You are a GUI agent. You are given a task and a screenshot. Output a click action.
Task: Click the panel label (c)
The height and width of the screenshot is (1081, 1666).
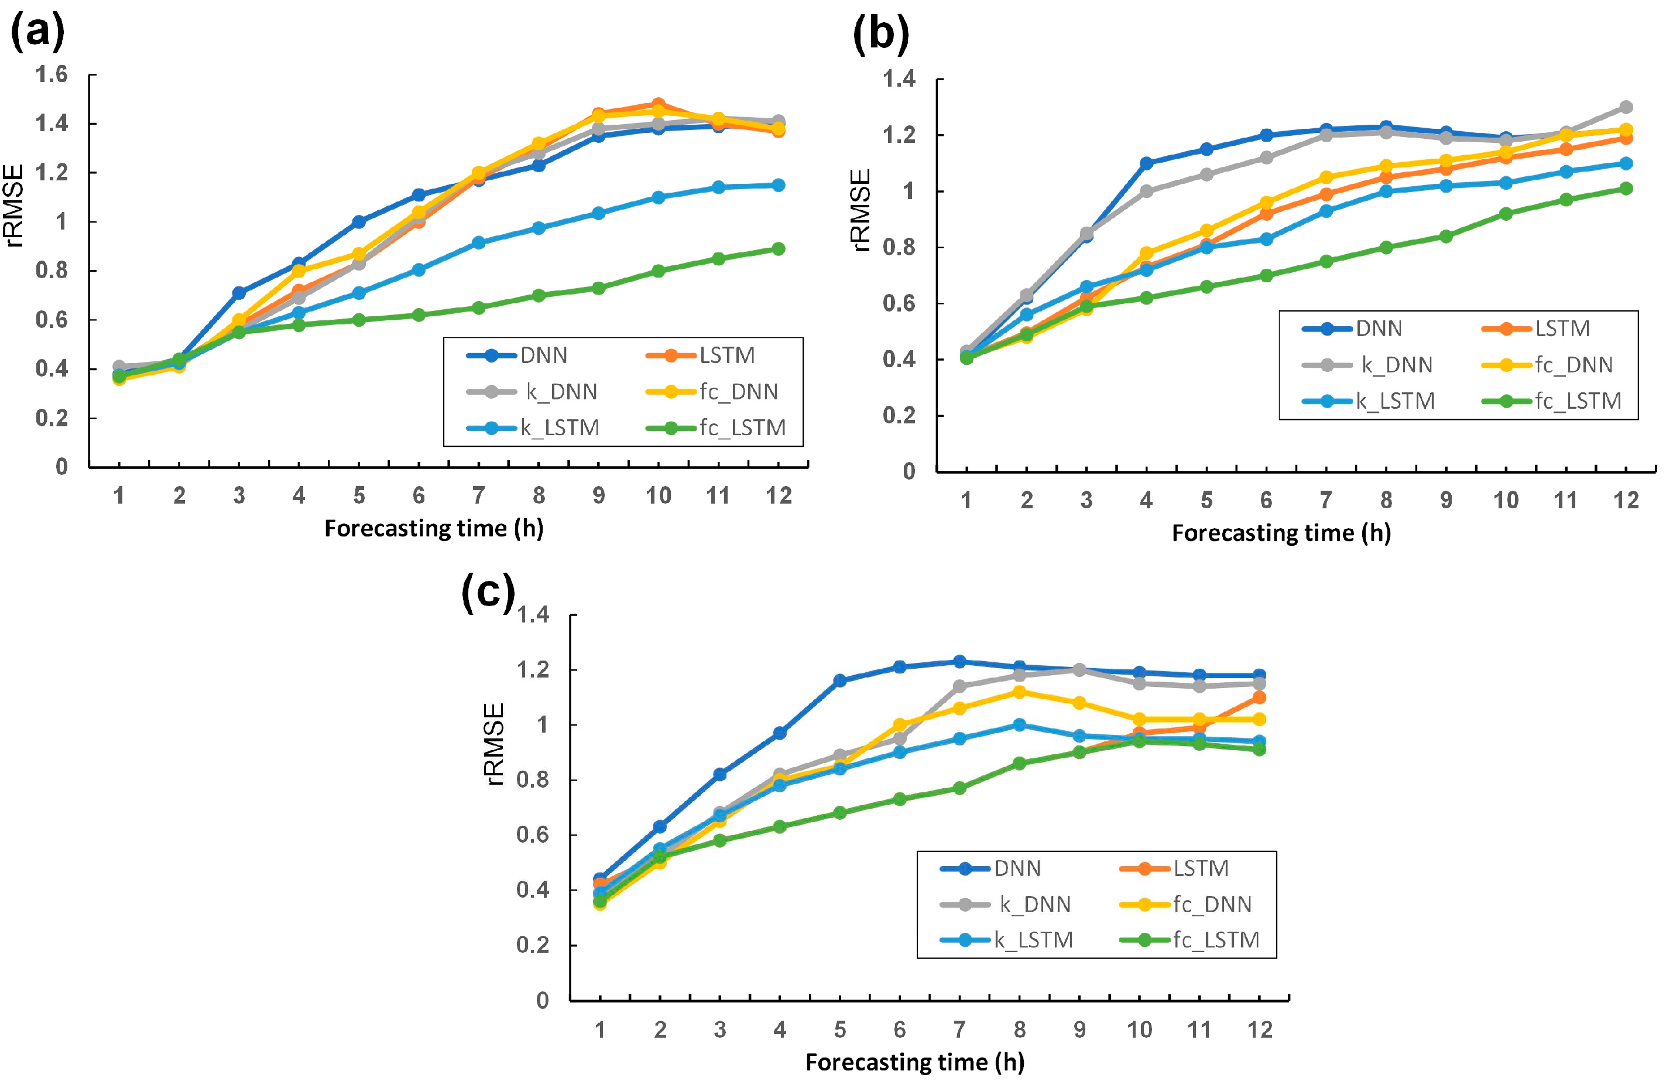click(x=488, y=591)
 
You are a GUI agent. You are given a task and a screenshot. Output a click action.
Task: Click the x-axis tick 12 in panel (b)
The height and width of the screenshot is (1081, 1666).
click(x=1626, y=500)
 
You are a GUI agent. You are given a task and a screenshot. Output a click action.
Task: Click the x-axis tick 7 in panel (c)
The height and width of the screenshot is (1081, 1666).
click(x=959, y=1029)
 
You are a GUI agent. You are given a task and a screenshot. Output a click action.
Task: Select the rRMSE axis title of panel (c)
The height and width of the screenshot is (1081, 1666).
click(x=494, y=744)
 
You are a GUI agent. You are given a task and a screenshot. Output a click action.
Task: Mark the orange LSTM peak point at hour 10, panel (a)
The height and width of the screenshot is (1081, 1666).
click(x=658, y=104)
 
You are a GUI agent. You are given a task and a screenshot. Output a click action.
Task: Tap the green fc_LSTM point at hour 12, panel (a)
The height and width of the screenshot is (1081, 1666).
click(x=778, y=248)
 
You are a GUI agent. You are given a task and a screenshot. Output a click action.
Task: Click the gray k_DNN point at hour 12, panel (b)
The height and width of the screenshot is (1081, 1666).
click(x=1626, y=107)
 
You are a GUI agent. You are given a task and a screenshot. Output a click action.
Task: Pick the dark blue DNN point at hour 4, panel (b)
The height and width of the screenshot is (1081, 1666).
click(x=1146, y=163)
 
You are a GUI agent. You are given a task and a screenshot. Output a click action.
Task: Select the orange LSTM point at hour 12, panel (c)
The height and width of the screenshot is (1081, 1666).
click(x=1259, y=697)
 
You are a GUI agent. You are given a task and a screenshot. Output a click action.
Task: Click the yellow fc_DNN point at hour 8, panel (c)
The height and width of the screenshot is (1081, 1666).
click(x=1019, y=692)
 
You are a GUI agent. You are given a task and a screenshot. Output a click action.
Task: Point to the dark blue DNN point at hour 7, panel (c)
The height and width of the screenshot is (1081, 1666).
click(x=959, y=662)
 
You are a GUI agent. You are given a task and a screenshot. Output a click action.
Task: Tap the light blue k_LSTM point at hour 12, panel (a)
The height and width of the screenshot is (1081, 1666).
click(x=778, y=185)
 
